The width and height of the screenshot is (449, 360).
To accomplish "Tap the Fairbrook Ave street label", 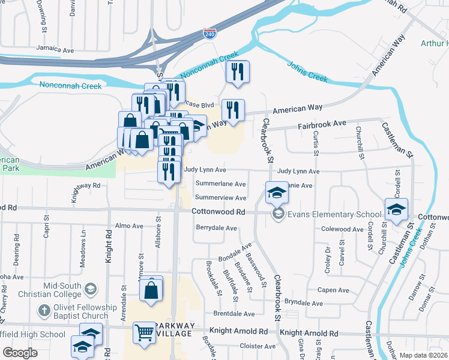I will (323, 124).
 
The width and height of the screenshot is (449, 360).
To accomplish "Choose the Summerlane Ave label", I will (220, 184).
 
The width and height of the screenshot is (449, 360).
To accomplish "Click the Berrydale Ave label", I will (217, 228).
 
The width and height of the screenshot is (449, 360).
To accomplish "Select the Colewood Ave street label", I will (343, 229).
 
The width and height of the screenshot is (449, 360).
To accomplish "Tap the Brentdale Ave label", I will (234, 314).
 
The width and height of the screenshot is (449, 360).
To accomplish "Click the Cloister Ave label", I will (258, 346).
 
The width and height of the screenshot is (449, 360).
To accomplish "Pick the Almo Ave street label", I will (129, 226).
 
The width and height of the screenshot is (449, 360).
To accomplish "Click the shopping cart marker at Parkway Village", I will (145, 332).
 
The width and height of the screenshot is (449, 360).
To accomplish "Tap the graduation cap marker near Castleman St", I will (396, 209).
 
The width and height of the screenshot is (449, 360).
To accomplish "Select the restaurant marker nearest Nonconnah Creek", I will (237, 72).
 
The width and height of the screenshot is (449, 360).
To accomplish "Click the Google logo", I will (20, 353).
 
